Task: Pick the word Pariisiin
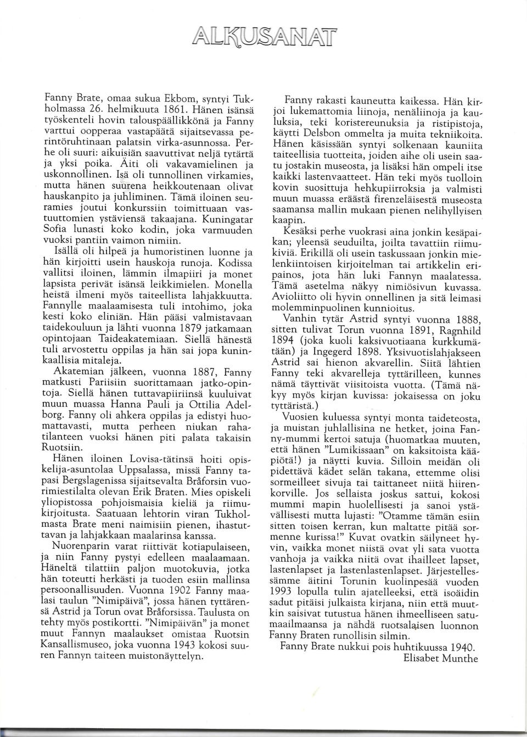(x=104, y=381)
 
